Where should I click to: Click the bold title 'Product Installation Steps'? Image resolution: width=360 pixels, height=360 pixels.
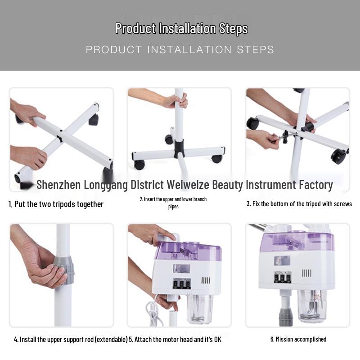(181, 28)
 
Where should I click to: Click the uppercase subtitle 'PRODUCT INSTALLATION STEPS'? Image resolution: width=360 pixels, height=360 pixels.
(180, 49)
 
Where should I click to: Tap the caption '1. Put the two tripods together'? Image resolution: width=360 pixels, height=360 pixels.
(56, 204)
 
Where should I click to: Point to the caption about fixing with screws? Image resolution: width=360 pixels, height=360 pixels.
(299, 204)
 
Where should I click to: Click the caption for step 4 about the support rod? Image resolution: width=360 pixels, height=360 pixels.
(71, 339)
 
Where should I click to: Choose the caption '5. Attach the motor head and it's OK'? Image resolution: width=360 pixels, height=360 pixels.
(175, 339)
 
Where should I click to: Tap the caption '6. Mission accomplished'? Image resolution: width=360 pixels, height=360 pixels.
(298, 339)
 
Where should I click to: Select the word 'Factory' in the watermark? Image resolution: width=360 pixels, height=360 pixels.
(315, 184)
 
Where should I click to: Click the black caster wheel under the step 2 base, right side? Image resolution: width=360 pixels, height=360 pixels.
(217, 159)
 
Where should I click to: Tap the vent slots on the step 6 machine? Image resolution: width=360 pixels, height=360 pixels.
(306, 273)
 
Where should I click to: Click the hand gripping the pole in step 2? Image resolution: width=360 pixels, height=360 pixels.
(176, 101)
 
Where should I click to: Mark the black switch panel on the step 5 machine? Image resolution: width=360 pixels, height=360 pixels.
(182, 284)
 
